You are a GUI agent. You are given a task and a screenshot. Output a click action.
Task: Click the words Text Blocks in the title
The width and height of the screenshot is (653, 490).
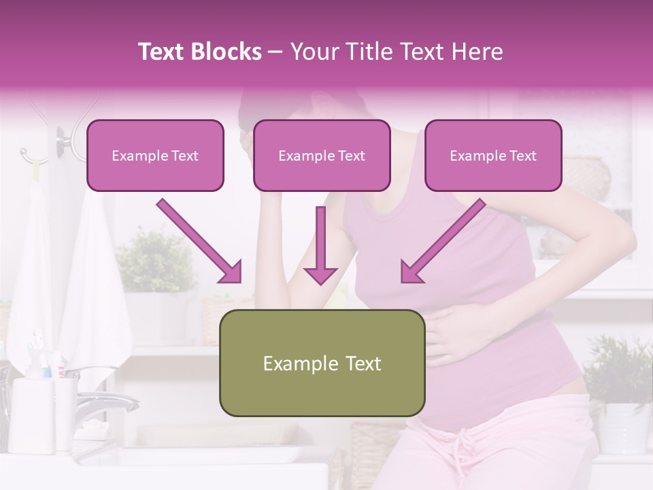coord(199,52)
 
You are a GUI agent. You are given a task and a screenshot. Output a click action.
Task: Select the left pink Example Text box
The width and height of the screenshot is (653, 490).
coord(155,156)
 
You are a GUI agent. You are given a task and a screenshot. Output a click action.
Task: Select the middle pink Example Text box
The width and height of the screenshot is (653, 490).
coord(322,156)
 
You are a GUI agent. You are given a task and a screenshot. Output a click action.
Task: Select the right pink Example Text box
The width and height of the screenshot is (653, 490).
coord(493,156)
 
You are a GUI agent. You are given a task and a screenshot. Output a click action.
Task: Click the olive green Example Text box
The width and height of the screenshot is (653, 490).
coord(322,363)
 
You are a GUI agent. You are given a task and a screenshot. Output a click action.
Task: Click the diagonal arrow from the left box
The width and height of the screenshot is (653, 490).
coord(199,242)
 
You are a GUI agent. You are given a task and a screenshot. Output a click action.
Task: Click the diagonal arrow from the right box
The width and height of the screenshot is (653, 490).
coord(442,242)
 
